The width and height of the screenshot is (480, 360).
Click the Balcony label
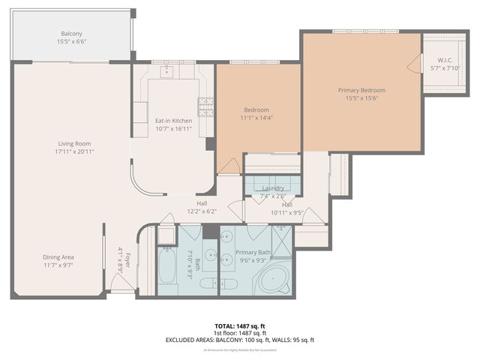(72, 34)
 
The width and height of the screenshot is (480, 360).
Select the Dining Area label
(63, 257)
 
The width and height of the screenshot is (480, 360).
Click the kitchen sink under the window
(166, 72)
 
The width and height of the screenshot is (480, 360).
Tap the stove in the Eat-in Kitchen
(205, 106)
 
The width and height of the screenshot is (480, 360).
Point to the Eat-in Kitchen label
(173, 121)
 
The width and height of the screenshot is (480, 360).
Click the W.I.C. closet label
(436, 59)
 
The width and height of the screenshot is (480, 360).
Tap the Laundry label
(272, 188)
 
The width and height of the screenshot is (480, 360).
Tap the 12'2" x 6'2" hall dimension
(202, 211)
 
